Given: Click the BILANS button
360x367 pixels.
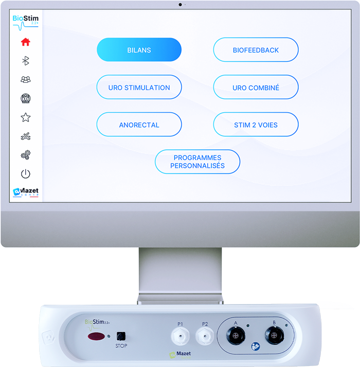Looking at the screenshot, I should point(139,50).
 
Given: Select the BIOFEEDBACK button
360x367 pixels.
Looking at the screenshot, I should point(256,50).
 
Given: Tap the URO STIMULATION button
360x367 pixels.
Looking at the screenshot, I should point(139,88).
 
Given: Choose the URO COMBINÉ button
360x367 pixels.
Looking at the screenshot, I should point(256,88).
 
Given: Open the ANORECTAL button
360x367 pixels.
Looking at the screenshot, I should point(139,125).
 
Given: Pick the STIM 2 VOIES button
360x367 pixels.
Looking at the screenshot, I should point(256,125).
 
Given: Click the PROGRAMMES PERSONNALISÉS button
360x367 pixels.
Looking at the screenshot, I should point(197,162).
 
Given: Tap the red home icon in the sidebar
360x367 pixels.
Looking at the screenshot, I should point(25,42).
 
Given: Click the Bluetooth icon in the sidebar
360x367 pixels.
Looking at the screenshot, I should point(25,61).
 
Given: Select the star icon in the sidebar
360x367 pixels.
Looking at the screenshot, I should point(25,117).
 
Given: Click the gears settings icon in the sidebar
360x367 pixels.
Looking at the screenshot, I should point(25,155).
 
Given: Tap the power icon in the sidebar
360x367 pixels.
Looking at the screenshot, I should point(25,174).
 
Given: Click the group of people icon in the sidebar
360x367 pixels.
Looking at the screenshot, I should point(25,79).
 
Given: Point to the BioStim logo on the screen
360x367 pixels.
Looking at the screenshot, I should point(25,21).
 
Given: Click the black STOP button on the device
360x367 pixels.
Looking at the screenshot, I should point(121,336).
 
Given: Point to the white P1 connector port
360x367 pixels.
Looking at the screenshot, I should point(181,337).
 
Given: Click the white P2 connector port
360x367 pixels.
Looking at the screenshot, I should point(205,337).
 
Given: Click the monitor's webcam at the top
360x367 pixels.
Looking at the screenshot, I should point(180,5).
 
